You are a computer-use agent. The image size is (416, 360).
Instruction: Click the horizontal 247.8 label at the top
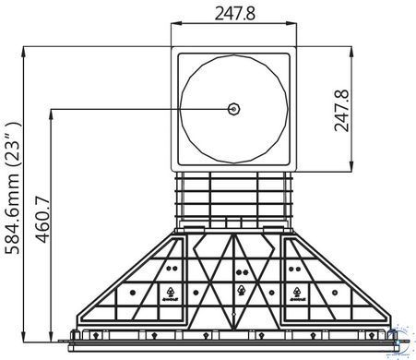[235, 14]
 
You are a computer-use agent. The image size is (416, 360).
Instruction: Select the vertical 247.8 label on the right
[341, 111]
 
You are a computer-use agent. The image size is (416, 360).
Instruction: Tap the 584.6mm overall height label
[13, 188]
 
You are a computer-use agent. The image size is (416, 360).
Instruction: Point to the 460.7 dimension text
[42, 219]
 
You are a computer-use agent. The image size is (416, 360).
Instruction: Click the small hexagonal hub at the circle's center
[234, 109]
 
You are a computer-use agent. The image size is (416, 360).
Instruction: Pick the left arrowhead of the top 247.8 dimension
[176, 23]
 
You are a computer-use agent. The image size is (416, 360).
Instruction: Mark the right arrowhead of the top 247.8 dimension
[291, 23]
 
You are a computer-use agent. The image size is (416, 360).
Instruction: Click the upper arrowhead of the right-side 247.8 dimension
[351, 52]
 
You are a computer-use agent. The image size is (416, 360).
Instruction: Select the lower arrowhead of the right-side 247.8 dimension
[351, 165]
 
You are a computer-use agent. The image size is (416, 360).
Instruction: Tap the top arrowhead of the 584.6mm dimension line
[23, 52]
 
